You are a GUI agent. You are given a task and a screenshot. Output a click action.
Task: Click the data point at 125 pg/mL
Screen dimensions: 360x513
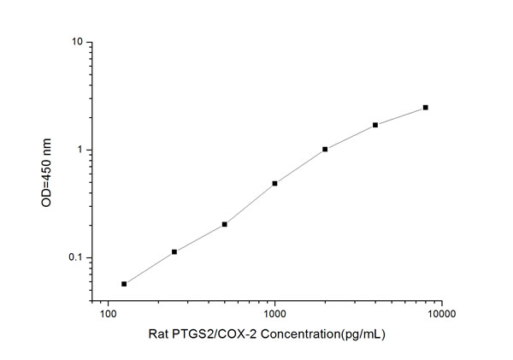pyautogui.click(x=124, y=284)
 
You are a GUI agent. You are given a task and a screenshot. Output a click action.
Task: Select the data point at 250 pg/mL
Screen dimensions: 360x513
pyautogui.click(x=174, y=251)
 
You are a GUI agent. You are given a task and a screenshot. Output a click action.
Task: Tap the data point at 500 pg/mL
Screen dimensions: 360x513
pyautogui.click(x=224, y=224)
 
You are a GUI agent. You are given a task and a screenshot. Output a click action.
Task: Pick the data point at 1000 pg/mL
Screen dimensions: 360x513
pyautogui.click(x=274, y=183)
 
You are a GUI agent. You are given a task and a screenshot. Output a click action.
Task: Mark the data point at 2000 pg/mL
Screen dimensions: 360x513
pyautogui.click(x=325, y=149)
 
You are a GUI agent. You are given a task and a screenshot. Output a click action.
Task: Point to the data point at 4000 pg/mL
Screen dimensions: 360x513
pyautogui.click(x=375, y=125)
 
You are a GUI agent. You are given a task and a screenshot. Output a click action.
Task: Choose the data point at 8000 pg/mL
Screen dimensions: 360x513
pyautogui.click(x=425, y=107)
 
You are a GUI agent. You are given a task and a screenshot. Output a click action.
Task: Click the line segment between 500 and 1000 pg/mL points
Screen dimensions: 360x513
pyautogui.click(x=250, y=204)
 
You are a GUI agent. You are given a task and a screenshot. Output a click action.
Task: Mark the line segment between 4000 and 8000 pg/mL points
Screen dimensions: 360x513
pyautogui.click(x=400, y=115)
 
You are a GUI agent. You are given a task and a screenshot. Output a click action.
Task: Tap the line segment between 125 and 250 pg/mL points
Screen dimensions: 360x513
pyautogui.click(x=150, y=268)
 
